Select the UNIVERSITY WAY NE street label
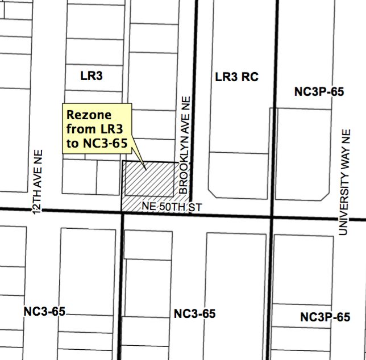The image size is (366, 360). tap(343, 181)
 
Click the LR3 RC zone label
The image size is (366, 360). tap(237, 76)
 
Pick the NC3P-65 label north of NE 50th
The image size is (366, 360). tap(319, 91)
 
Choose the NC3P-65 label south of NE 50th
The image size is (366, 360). tap(325, 317)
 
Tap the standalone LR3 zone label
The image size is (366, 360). tap(90, 74)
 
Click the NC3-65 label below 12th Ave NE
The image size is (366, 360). tap(44, 311)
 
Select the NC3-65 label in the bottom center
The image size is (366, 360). tap(194, 314)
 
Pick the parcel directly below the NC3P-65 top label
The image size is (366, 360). tap(301, 150)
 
